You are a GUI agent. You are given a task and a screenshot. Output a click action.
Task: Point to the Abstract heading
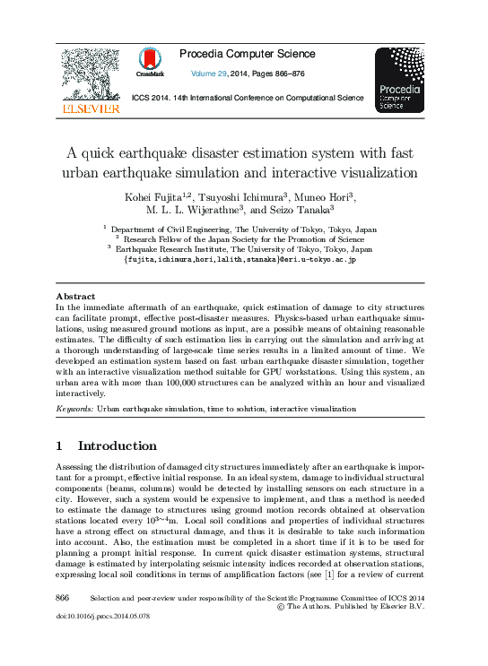coord(75,296)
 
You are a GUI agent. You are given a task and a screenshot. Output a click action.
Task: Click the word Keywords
coord(74,409)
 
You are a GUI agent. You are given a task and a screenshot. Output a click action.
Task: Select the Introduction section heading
coord(117,445)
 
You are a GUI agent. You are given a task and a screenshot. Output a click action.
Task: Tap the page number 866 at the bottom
coord(63,597)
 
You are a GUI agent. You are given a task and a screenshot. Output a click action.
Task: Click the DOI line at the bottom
coord(101,617)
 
